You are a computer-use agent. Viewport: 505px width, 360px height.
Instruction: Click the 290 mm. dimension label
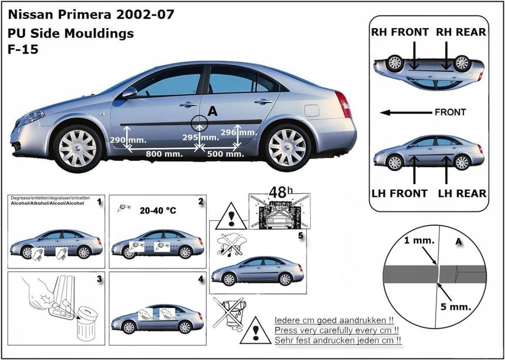(128, 140)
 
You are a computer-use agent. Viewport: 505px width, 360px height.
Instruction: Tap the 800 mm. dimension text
(164, 154)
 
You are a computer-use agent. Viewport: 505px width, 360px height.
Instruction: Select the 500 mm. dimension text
(225, 154)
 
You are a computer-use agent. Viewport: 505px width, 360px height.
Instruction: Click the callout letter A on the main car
(213, 111)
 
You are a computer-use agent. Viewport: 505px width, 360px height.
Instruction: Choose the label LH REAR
(462, 194)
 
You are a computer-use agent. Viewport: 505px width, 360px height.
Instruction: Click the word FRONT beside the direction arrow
(450, 112)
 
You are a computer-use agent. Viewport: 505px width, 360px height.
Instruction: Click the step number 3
(99, 279)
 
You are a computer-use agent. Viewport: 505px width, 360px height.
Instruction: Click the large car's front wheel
(77, 148)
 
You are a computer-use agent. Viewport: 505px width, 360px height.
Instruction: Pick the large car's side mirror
(130, 92)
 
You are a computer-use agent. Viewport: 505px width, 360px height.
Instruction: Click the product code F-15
(23, 50)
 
